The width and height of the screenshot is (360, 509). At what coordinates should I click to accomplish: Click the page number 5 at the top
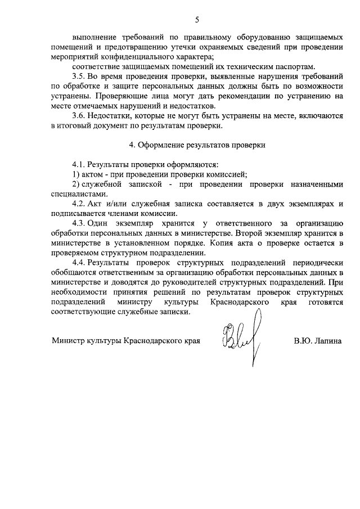point(197,20)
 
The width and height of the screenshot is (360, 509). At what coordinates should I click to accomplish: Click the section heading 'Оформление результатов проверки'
point(201,145)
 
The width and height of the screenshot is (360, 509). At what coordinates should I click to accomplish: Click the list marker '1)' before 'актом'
point(75,174)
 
